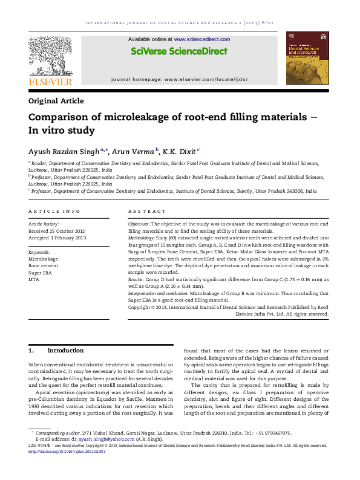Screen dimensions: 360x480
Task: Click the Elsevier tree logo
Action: [50, 60]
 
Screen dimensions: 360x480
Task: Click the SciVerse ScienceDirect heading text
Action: [178, 51]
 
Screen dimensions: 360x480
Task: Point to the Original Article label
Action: [56, 101]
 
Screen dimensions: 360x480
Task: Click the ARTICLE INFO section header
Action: [54, 211]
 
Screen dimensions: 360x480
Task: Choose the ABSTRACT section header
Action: [147, 211]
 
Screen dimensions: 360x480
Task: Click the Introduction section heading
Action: [65, 351]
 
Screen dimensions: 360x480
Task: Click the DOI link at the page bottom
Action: [67, 450]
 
